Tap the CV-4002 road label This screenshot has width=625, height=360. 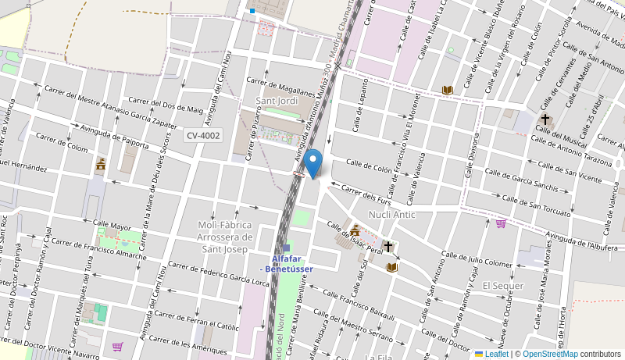coord(202,135)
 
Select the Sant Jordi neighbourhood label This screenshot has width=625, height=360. coord(277,102)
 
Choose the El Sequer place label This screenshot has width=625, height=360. coord(502,285)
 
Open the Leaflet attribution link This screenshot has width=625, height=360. coord(491,354)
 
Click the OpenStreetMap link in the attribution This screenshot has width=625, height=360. coord(550,354)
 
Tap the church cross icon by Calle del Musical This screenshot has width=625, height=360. coord(545,119)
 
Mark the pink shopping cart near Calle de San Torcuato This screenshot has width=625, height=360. coord(501,223)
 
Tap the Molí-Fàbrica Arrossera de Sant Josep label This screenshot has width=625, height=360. coord(226,237)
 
